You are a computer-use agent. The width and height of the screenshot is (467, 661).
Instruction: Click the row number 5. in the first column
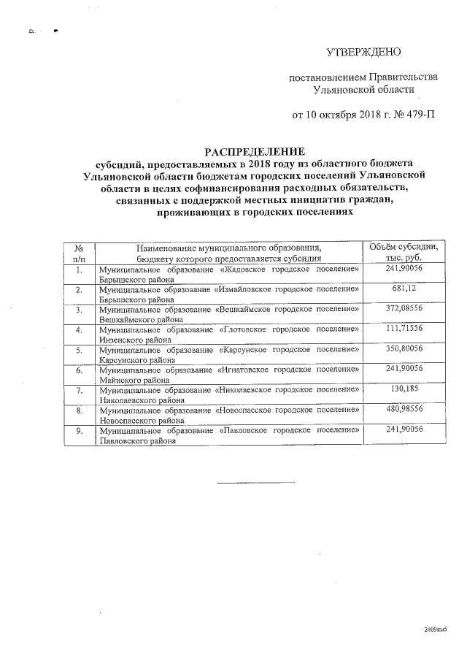tap(80, 351)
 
